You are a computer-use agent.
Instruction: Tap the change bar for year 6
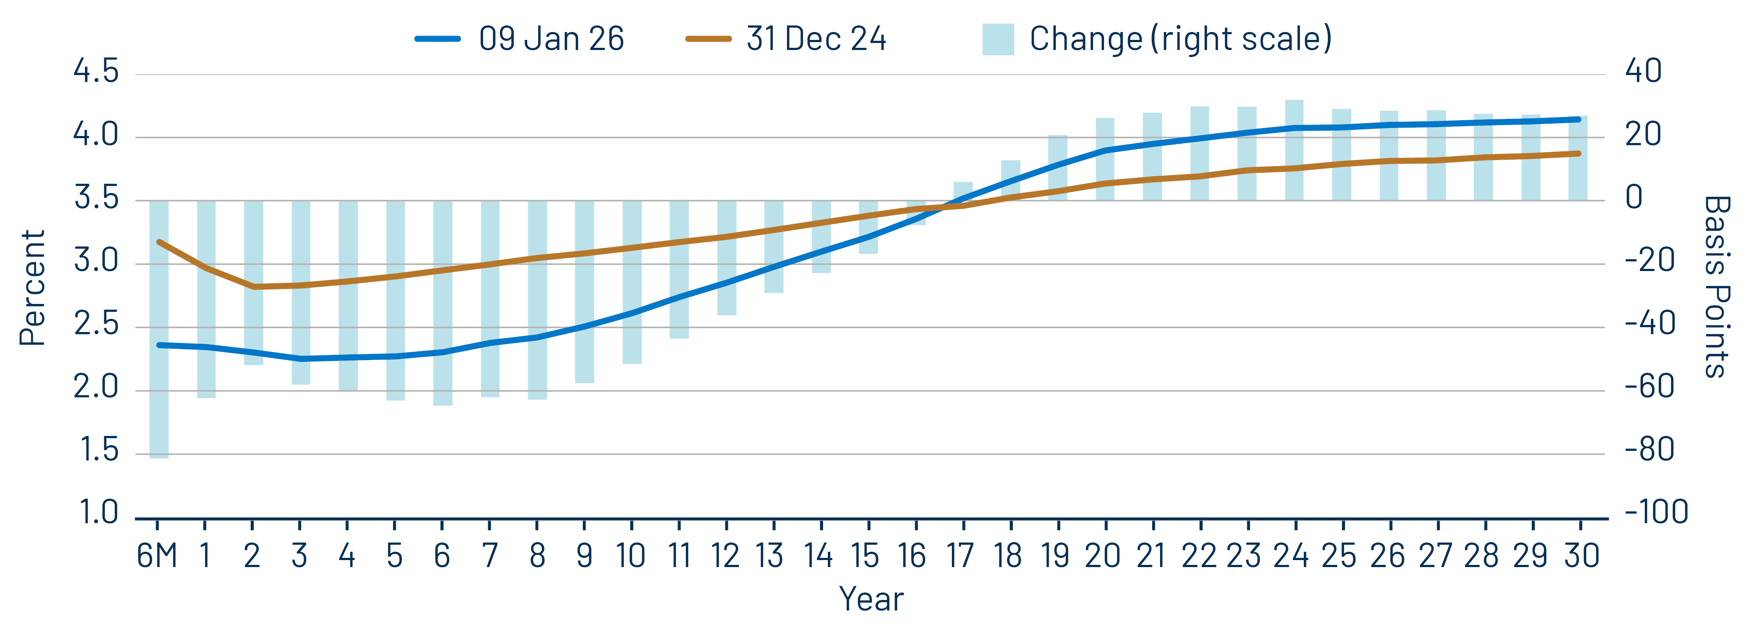443,381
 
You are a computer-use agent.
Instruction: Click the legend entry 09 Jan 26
520,39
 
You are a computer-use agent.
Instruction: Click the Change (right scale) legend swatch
997,39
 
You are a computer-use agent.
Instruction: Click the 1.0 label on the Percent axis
99,512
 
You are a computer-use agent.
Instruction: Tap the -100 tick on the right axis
1656,512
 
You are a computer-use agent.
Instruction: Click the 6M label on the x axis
157,556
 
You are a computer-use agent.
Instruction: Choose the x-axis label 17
961,556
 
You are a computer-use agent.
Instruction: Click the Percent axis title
32,288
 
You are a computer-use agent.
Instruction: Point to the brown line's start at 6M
159,242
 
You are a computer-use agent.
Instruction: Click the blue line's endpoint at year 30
1578,120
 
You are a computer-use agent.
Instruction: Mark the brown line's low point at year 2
253,287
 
